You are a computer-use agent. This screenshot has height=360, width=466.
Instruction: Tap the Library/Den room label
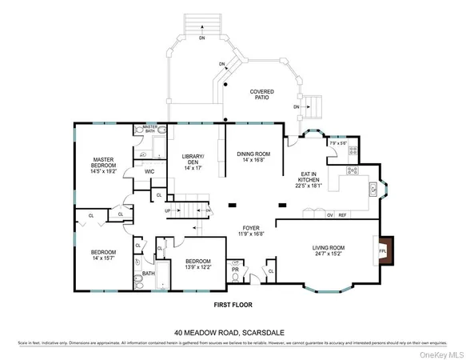(193, 161)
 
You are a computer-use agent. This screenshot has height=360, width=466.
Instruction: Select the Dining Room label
(253, 158)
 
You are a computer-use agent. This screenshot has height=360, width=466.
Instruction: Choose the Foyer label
(252, 232)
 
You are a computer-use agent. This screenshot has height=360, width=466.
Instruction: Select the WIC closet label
(149, 171)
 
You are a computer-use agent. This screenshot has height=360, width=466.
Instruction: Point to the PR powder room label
(236, 270)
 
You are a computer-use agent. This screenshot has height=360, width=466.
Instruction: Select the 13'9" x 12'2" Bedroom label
(197, 265)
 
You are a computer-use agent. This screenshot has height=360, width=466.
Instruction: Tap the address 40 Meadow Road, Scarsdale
(233, 331)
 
